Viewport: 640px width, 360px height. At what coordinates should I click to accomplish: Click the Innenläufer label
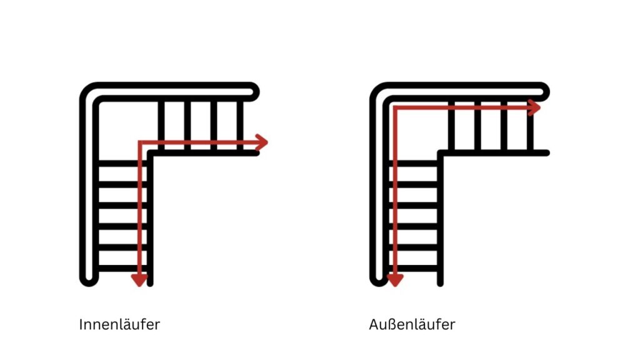tap(119, 326)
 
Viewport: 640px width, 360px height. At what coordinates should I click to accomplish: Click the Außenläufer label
tap(412, 326)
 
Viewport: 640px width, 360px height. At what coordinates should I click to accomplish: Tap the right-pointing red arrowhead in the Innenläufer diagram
tap(262, 142)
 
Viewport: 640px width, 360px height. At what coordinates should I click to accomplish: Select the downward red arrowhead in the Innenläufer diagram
tap(139, 279)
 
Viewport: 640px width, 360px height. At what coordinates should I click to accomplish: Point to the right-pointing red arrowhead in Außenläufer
tap(534, 107)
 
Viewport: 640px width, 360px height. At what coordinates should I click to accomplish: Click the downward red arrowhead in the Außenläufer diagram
tap(395, 279)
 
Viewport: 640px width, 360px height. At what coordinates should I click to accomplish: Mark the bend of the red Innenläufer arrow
tap(140, 143)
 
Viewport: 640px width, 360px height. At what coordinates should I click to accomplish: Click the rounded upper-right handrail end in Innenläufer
tap(253, 91)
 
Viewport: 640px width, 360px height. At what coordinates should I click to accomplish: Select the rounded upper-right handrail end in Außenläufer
tap(543, 91)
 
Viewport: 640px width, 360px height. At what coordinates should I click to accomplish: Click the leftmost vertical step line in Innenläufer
tap(161, 125)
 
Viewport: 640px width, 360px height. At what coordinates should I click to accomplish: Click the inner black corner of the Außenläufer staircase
tap(441, 153)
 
